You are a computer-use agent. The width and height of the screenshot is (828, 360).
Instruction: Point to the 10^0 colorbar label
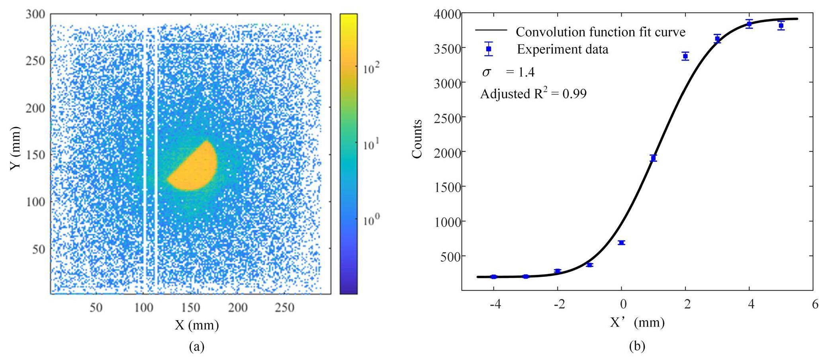coord(372,220)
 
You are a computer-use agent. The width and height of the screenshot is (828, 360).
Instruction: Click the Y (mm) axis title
coord(15,148)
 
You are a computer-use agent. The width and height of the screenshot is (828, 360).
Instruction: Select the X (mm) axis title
coord(197,325)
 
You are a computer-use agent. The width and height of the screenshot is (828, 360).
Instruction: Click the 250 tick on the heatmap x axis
coord(285,308)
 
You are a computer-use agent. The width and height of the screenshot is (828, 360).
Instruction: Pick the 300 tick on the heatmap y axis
coord(36,14)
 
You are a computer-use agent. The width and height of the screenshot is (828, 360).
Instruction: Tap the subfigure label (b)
coord(637,346)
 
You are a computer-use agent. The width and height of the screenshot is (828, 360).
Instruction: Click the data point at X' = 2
coord(685,56)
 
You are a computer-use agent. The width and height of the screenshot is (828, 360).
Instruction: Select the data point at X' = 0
coord(621,243)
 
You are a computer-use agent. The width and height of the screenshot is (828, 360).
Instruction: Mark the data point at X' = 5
coord(781,25)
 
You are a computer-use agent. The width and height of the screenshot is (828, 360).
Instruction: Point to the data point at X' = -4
coord(494,277)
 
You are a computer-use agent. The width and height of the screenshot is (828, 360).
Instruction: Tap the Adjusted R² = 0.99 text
coord(533,94)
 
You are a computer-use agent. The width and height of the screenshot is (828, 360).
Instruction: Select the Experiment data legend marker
coord(489,49)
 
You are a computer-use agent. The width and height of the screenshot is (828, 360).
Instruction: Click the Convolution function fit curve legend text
coord(600,32)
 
